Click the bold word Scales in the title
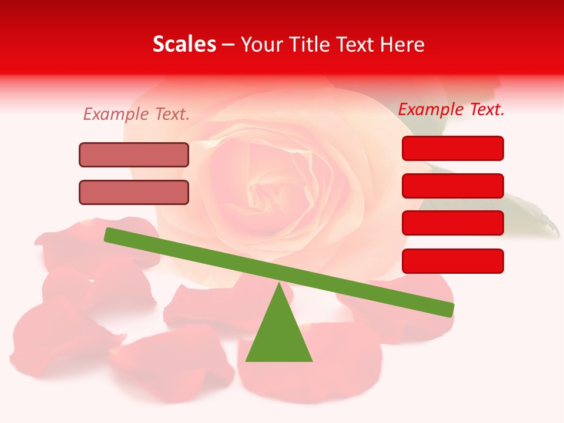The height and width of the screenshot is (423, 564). pos(184,45)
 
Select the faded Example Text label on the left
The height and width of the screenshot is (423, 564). pos(136,114)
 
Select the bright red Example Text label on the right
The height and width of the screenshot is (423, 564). pos(451,109)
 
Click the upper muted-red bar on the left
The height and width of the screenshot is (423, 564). pos(134,155)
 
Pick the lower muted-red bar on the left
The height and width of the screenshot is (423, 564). pos(134,192)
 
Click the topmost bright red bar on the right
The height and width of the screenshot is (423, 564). pos(452,148)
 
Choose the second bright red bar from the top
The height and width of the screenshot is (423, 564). pos(452,186)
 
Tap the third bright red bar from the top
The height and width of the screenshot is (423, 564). pos(452,223)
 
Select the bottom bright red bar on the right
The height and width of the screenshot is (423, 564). pos(452,261)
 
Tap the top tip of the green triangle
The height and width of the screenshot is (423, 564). pos(279,284)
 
